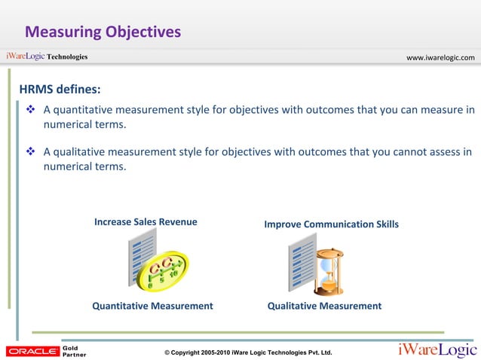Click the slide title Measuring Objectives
point(103,32)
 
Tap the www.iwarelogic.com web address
point(440,57)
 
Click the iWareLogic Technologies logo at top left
point(47,56)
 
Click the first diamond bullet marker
point(31,110)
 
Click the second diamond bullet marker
point(31,152)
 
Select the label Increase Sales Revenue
point(146,222)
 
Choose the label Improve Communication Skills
point(331,224)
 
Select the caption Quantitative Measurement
point(152,306)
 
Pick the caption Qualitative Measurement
point(324,306)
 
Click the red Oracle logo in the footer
point(32,350)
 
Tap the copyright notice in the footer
point(248,352)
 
